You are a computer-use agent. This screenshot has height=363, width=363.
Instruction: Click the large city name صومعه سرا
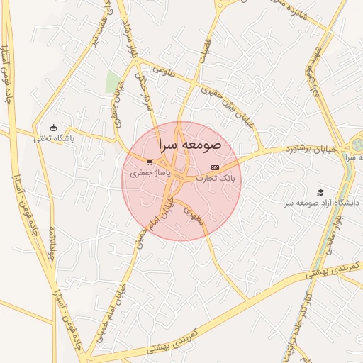tap(181, 145)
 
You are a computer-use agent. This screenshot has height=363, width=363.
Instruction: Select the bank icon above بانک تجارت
tap(216, 167)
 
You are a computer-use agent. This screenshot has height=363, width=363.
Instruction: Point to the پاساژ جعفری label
tap(148, 172)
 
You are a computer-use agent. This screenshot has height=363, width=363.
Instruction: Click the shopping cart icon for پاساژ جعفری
tap(149, 162)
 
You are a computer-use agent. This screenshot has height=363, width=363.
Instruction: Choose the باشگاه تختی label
tap(53, 139)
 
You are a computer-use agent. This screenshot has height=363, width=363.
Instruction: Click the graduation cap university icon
tap(320, 192)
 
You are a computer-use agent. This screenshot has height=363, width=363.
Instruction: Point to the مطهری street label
tap(194, 216)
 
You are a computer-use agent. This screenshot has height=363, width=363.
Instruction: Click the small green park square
tap(113, 82)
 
